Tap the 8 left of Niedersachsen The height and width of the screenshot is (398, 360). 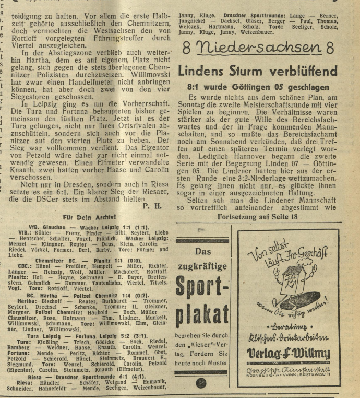point(188,49)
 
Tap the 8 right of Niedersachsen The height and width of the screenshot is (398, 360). point(329,48)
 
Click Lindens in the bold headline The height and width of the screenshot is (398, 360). point(200,71)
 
